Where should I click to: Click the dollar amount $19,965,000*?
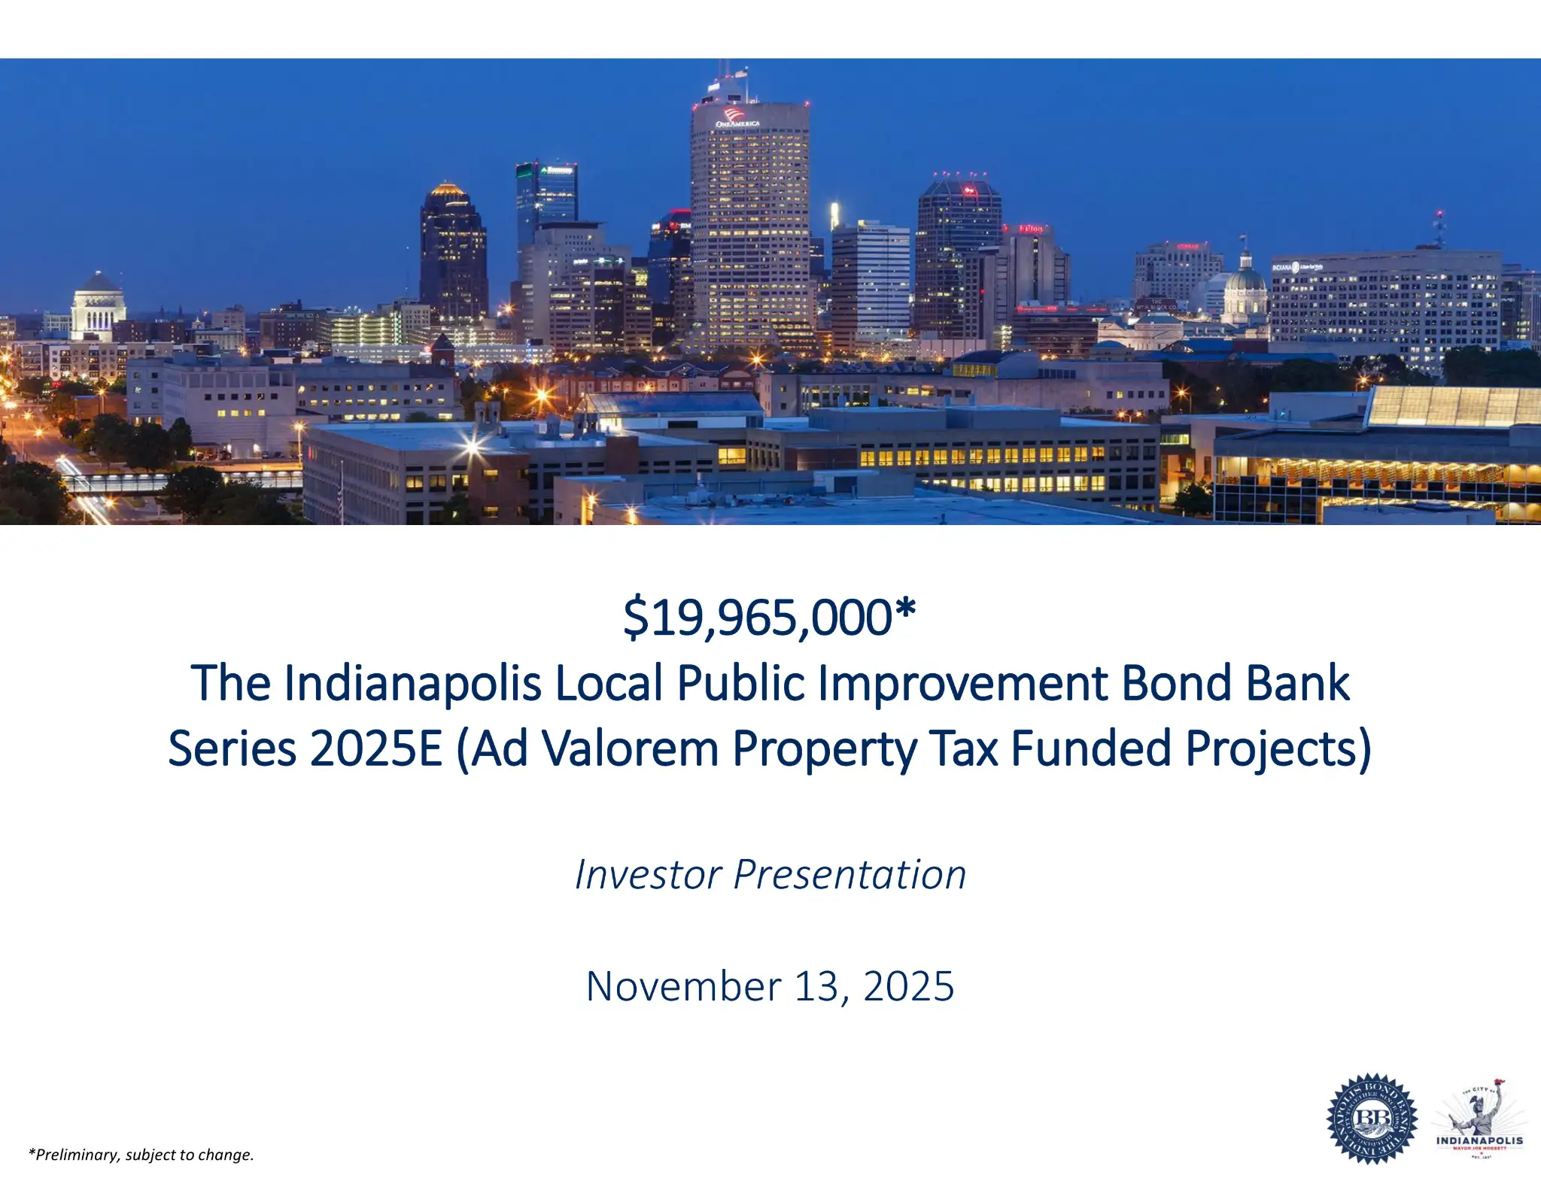pos(769,618)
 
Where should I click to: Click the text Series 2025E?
pos(305,749)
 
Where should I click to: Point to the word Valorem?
pos(630,749)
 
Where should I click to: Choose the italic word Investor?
pos(648,875)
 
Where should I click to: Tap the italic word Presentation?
pos(850,875)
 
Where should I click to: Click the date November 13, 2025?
pos(770,986)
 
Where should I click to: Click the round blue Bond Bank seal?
pos(1372,1119)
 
